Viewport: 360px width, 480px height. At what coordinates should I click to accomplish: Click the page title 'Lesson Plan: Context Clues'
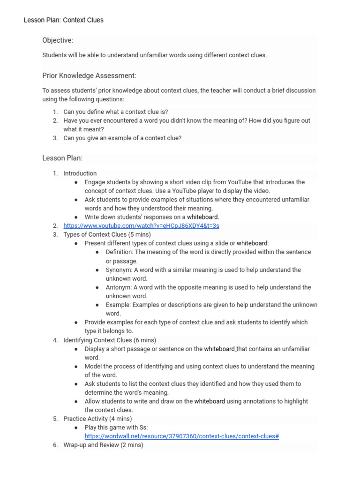[64, 20]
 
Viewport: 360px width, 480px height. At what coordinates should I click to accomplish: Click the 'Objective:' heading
[58, 40]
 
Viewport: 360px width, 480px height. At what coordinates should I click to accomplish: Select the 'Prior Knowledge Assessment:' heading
[89, 75]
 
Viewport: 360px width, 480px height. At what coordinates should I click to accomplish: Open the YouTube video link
[141, 226]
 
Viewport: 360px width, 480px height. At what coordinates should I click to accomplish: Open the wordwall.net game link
[182, 436]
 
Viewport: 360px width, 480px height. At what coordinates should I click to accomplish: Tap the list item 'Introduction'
[80, 173]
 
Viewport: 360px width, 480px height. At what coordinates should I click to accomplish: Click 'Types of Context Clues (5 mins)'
[107, 234]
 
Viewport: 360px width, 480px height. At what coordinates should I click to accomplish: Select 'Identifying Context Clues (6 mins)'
[110, 340]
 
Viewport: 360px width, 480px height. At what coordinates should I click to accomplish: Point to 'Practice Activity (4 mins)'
[97, 419]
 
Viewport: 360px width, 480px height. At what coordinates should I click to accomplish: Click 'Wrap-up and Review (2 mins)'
[103, 445]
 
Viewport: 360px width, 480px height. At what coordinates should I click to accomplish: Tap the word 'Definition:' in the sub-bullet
[120, 252]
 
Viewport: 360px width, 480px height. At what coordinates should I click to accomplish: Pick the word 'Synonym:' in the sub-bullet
[119, 270]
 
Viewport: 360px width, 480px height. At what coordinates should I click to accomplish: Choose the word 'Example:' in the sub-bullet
[118, 305]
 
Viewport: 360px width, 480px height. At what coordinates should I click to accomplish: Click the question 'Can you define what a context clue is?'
[116, 112]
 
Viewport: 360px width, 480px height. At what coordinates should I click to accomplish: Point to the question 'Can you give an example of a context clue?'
[122, 138]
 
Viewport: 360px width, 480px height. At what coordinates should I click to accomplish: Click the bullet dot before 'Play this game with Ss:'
[76, 428]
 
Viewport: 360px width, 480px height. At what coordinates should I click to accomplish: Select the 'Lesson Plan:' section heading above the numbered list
[62, 158]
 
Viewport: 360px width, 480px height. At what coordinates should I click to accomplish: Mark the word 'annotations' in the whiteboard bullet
[260, 401]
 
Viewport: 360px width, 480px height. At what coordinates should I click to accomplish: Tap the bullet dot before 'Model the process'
[76, 367]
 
